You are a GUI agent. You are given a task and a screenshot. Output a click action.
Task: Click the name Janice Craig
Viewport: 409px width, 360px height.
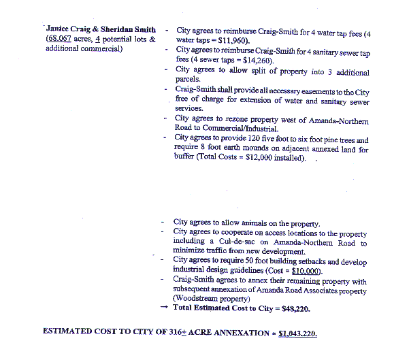pyautogui.click(x=69, y=30)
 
